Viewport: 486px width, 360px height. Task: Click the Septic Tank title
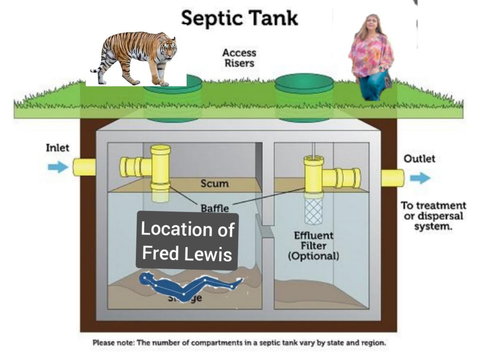click(240, 18)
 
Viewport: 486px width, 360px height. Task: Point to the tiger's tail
click(96, 66)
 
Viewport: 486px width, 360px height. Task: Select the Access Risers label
click(239, 57)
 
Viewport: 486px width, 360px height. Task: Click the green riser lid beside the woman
click(304, 84)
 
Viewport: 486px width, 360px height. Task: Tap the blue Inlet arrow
click(58, 167)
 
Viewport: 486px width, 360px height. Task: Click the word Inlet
click(57, 148)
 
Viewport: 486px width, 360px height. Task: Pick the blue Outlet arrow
click(420, 178)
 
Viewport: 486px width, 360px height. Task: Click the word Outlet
click(419, 158)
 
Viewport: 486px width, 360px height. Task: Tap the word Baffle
click(215, 208)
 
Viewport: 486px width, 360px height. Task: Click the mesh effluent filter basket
click(313, 211)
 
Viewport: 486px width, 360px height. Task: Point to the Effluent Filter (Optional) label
click(314, 246)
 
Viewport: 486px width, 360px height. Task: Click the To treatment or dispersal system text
click(433, 216)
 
